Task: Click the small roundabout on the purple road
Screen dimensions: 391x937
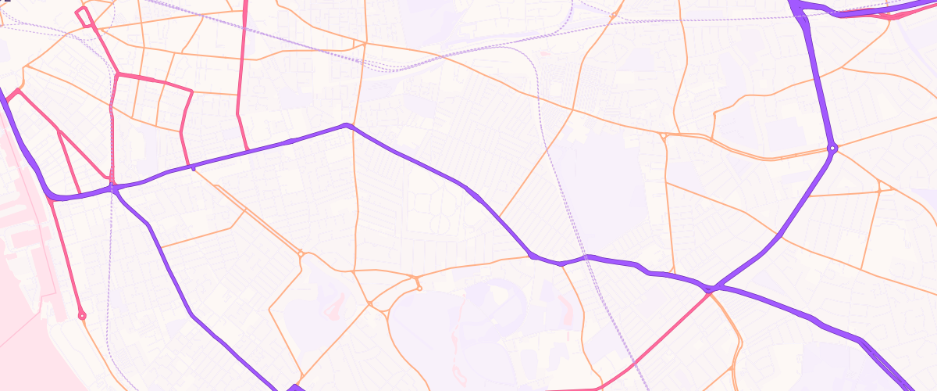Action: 833,148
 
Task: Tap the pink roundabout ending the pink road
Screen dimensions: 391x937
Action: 82,316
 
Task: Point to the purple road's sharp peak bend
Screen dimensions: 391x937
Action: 347,125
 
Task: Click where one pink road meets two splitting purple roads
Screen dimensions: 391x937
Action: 710,290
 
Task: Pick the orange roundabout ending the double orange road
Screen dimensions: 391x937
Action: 301,253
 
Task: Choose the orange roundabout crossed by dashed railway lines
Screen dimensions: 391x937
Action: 615,15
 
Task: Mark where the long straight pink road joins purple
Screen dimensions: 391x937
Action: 248,149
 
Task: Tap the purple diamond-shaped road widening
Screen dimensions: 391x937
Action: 294,387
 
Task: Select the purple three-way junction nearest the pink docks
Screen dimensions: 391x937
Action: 114,188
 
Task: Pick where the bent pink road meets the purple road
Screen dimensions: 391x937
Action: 191,167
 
